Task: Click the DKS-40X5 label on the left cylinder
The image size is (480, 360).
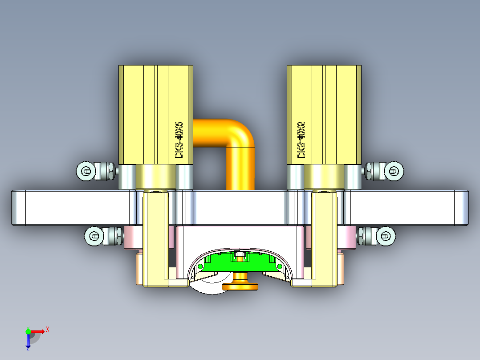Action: pos(179,139)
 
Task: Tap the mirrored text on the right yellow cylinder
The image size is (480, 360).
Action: pos(301,139)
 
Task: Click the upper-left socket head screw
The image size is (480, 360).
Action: pos(86,171)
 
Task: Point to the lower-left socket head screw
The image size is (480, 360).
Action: pos(94,236)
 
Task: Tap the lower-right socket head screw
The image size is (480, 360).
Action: pos(386,235)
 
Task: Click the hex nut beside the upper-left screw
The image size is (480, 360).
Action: pos(107,171)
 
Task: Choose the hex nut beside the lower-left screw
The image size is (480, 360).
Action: pos(114,236)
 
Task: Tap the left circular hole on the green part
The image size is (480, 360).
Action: pos(200,266)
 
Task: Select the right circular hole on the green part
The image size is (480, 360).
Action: pos(280,266)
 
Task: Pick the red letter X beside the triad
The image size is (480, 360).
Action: pos(47,330)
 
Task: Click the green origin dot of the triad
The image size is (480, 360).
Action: pos(28,331)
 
